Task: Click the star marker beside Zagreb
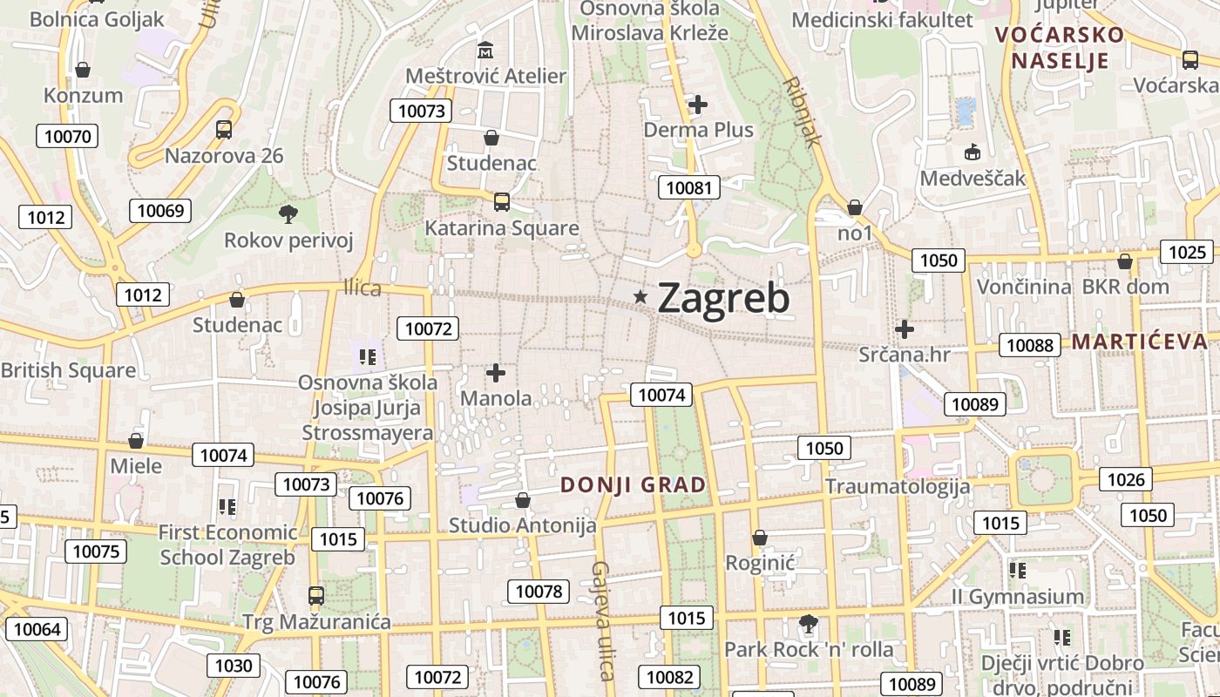tap(640, 297)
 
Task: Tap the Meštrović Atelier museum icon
tap(485, 51)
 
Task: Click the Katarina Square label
tap(501, 228)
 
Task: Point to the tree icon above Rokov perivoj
tap(288, 213)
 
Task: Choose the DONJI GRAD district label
tap(633, 485)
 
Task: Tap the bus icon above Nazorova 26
tap(224, 130)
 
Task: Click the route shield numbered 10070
tap(66, 136)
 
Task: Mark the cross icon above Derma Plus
tap(698, 105)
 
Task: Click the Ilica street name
tap(363, 287)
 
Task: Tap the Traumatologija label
tap(898, 486)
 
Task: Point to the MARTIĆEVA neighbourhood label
tap(1139, 342)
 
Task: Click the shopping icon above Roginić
tap(760, 538)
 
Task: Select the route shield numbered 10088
tap(1029, 345)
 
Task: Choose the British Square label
tap(68, 370)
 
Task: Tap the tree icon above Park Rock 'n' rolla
tap(808, 624)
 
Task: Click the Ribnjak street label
tap(803, 112)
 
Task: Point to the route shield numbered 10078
tap(539, 592)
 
